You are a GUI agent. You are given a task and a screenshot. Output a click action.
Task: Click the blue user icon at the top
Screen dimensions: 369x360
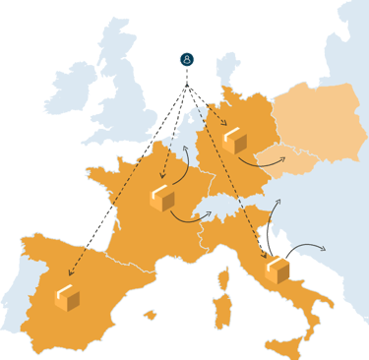click(x=187, y=60)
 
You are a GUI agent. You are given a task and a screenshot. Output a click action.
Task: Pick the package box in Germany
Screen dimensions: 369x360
click(x=234, y=141)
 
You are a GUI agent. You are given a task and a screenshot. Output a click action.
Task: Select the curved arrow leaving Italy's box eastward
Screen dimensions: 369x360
click(x=310, y=245)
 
